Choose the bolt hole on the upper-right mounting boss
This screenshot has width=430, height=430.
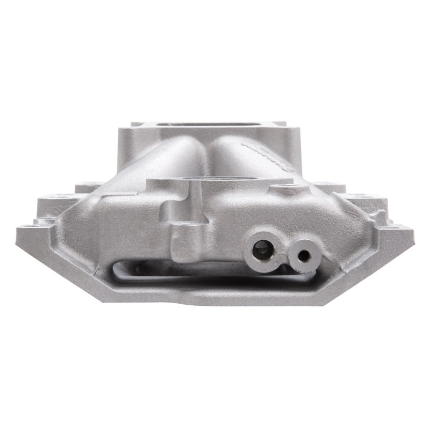click(x=352, y=197)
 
